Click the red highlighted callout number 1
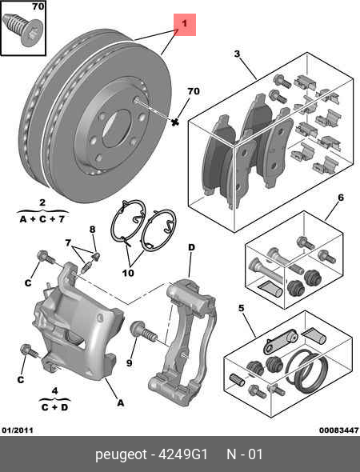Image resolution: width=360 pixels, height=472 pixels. coord(184,26)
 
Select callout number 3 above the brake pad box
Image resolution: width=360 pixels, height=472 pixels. coord(237,54)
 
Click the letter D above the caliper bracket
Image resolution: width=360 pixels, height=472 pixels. coord(191,248)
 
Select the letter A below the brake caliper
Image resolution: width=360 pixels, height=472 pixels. coord(120,403)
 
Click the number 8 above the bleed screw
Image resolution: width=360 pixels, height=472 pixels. coord(92,230)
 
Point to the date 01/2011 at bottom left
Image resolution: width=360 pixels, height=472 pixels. coord(18,430)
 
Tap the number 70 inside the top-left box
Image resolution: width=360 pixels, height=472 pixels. coord(38,7)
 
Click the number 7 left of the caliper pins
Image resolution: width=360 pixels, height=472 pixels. coord(68,243)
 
